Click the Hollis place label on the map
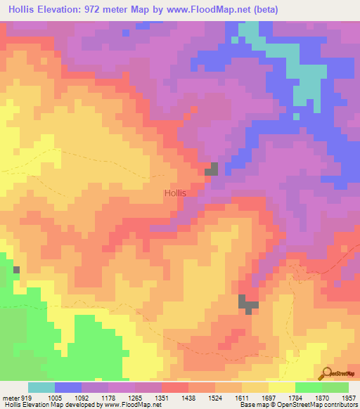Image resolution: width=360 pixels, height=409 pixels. [x=174, y=193]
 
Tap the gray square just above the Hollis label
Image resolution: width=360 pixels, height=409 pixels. [x=211, y=169]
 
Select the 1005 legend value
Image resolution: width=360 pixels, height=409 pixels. [x=55, y=397]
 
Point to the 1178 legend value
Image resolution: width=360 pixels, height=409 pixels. [x=109, y=397]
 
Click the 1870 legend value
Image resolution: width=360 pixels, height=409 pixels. [x=322, y=397]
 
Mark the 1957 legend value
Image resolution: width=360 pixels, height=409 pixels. [x=349, y=397]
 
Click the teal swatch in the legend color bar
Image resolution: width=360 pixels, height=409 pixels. [x=41, y=387]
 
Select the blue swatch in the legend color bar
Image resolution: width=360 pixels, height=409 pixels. [x=68, y=387]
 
